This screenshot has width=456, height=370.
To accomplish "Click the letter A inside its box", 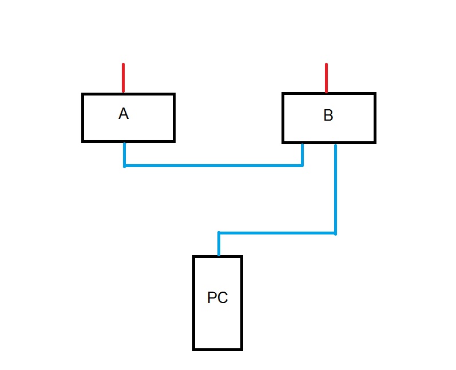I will pyautogui.click(x=124, y=114).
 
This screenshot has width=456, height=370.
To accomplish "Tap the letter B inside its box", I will pyautogui.click(x=328, y=116).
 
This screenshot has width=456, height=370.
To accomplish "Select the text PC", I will pyautogui.click(x=217, y=298).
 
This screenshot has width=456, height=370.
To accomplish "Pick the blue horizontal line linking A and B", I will pyautogui.click(x=213, y=166).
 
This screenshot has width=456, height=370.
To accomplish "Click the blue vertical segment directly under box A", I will pyautogui.click(x=124, y=154).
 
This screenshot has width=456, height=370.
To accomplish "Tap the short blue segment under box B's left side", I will pyautogui.click(x=303, y=154).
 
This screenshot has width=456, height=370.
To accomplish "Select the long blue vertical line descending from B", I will pyautogui.click(x=335, y=189).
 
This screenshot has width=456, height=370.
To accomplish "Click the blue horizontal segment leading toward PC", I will pyautogui.click(x=277, y=233).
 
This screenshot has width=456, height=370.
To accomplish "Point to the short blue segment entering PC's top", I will pyautogui.click(x=219, y=244).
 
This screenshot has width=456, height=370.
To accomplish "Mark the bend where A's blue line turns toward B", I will pyautogui.click(x=124, y=166).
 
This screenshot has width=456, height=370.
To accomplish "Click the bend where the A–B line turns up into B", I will pyautogui.click(x=303, y=166).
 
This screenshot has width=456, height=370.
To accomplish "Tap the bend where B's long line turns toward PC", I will pyautogui.click(x=335, y=233).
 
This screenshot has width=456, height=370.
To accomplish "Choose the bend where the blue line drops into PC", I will pyautogui.click(x=219, y=233).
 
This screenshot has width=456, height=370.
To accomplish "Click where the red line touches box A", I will pyautogui.click(x=123, y=93).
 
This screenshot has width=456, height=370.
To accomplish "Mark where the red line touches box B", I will pyautogui.click(x=326, y=93).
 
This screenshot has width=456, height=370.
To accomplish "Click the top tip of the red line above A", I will pyautogui.click(x=123, y=65).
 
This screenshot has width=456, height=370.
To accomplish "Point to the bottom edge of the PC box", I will pyautogui.click(x=217, y=349).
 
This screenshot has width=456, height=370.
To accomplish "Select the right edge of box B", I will pyautogui.click(x=375, y=118).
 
